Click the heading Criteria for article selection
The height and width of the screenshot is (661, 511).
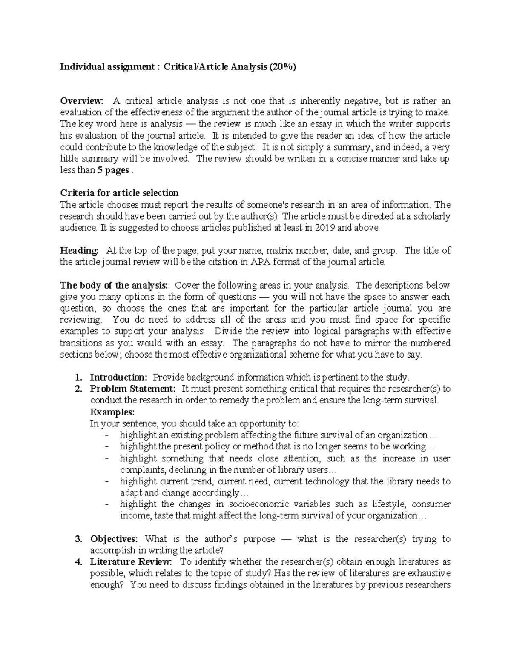click(x=120, y=193)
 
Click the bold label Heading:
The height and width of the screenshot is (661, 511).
click(x=79, y=250)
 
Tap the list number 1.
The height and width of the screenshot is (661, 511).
click(x=78, y=377)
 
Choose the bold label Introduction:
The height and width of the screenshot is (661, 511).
click(x=118, y=377)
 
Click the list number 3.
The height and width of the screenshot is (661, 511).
click(x=78, y=539)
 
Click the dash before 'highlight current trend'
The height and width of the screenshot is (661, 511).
click(x=106, y=481)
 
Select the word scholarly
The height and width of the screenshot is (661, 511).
click(x=431, y=216)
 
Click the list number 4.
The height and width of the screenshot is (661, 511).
click(x=78, y=562)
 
